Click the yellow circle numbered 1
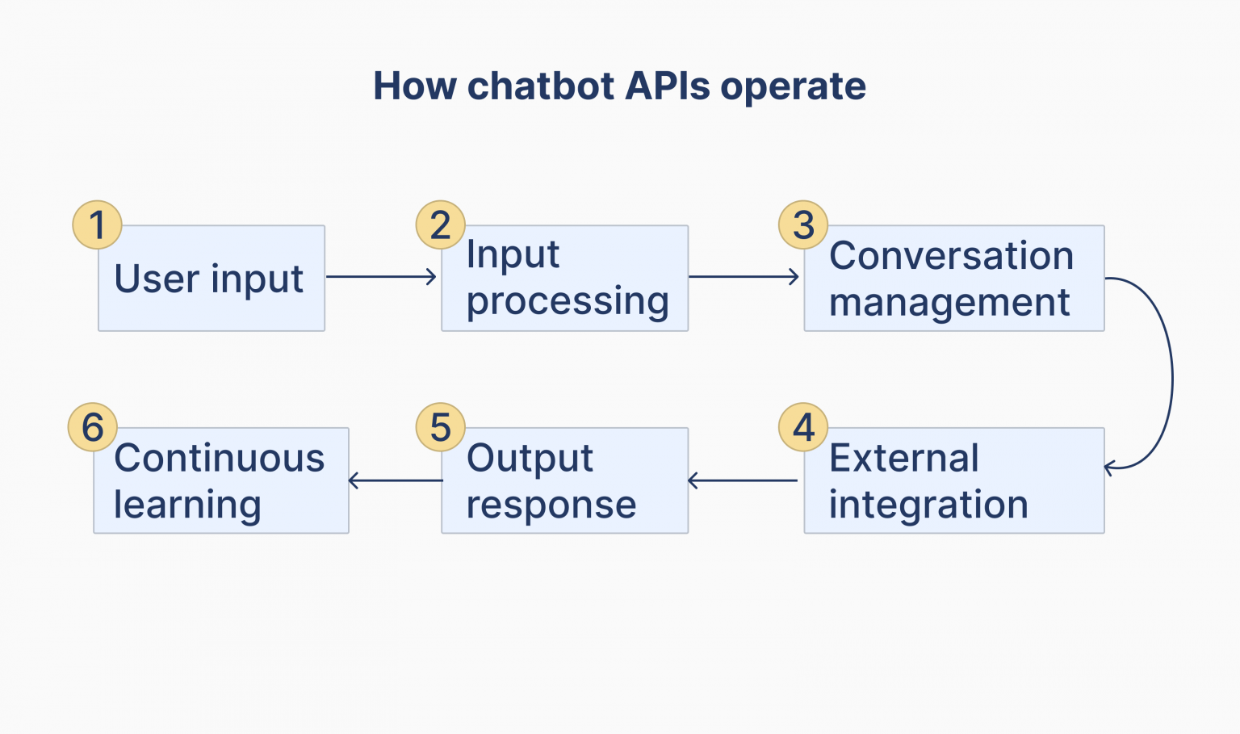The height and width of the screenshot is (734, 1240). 97,224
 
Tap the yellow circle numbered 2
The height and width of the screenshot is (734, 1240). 440,224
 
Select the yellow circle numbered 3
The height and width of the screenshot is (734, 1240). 803,224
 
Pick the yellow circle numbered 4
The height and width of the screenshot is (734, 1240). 803,427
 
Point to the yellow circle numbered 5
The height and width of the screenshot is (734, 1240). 440,427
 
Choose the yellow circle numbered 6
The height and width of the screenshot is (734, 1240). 93,427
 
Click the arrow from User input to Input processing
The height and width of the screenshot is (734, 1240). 381,277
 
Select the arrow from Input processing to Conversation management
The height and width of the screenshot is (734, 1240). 744,277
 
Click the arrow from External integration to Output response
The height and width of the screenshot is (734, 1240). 743,480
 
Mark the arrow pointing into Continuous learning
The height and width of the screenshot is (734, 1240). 396,480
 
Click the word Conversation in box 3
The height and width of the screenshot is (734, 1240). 951,256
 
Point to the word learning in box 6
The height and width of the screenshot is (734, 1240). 187,505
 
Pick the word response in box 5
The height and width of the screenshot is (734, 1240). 551,505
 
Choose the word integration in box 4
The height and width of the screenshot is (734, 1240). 928,505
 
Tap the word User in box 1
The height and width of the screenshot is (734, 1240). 157,279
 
